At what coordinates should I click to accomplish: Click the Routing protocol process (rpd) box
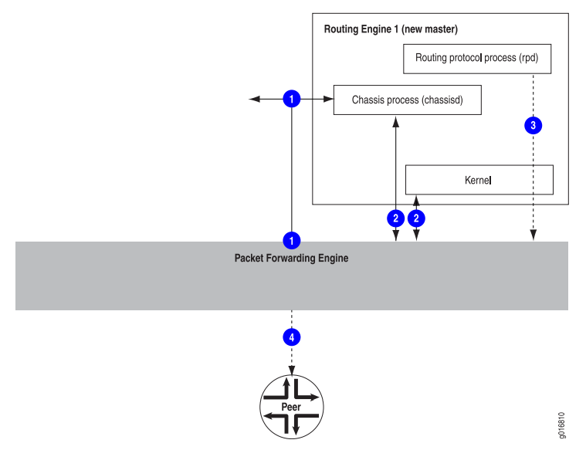tap(476, 58)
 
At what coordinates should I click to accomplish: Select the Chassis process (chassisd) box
tap(407, 100)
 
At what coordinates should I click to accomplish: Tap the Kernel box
tap(479, 179)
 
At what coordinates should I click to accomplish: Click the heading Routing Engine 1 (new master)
tap(390, 30)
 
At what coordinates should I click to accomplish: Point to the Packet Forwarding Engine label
tap(291, 259)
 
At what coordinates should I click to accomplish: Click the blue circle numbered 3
tap(533, 124)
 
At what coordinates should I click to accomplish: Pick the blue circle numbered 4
tap(291, 337)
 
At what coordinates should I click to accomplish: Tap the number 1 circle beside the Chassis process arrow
tap(291, 99)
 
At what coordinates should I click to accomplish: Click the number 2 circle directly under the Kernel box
tap(416, 218)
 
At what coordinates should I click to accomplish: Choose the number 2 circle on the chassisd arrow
tap(395, 218)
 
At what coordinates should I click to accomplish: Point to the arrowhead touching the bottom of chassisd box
tap(395, 120)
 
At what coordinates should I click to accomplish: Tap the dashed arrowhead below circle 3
tap(533, 237)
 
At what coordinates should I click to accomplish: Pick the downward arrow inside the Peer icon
tap(296, 427)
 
